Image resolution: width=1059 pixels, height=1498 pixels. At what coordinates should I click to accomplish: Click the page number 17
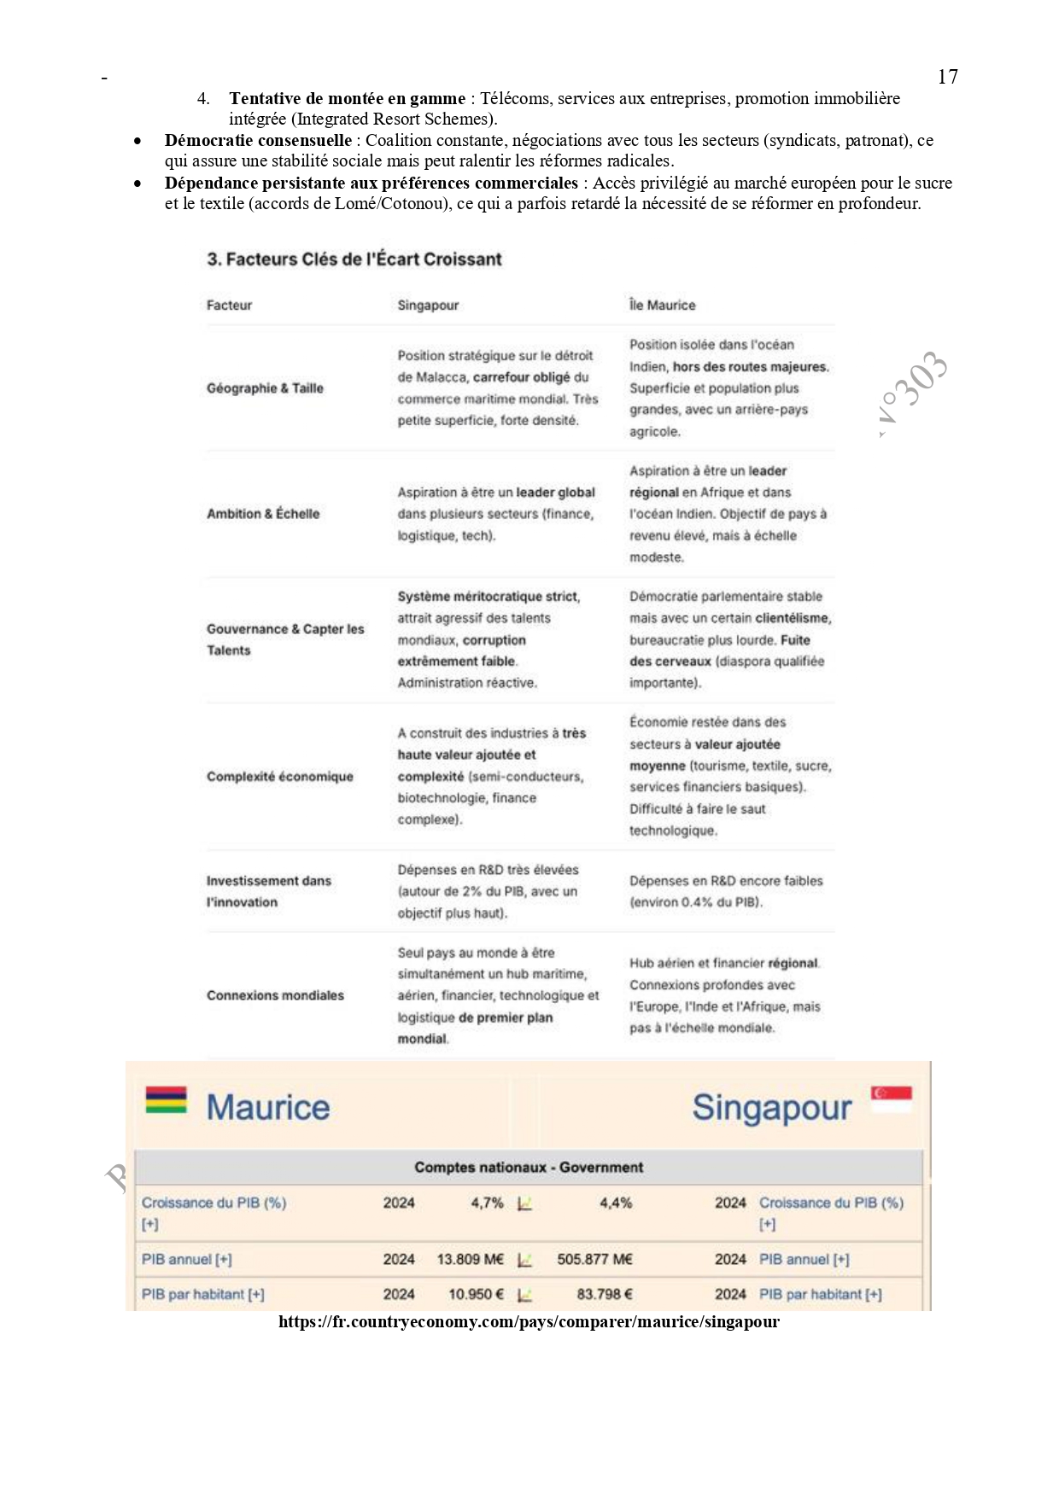947,77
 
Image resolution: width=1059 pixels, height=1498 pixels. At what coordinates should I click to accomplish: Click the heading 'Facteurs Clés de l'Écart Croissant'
354,259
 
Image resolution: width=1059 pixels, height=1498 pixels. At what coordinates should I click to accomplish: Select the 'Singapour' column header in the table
428,306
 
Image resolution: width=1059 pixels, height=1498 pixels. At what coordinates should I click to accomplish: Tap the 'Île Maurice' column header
662,306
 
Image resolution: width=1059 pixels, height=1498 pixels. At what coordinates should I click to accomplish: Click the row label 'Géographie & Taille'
265,388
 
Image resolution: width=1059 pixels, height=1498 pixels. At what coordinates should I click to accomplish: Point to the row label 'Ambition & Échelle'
263,514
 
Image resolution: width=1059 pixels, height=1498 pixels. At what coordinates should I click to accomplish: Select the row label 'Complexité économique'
279,777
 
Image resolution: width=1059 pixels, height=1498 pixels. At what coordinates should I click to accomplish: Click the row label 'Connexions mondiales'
275,995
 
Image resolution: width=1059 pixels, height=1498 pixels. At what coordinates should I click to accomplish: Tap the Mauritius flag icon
166,1099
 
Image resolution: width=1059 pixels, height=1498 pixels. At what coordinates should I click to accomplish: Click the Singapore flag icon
891,1099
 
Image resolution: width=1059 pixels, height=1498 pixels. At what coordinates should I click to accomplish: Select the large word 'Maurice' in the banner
268,1108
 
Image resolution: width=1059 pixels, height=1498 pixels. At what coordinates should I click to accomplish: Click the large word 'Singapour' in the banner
771,1108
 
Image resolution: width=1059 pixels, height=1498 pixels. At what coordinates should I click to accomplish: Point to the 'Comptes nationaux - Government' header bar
529,1168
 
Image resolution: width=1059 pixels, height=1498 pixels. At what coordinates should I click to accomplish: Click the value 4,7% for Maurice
487,1203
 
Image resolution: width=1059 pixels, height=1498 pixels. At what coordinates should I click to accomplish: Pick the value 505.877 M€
594,1260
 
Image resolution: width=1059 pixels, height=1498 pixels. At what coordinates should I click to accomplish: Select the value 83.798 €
604,1295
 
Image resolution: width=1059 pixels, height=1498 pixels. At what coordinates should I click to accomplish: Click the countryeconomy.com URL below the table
529,1322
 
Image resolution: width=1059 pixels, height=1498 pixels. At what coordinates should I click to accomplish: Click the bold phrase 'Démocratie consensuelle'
258,141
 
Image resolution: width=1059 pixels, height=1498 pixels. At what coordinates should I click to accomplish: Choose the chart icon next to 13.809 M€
525,1260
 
